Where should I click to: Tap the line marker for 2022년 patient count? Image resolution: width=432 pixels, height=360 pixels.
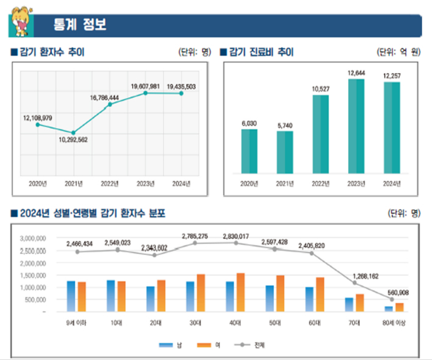110,105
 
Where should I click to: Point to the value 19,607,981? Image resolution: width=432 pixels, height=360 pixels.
145,86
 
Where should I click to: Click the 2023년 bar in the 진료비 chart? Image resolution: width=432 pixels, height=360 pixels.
356,128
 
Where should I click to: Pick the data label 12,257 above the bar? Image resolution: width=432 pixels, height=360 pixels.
392,76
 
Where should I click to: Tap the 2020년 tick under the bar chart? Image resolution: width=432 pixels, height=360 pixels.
249,183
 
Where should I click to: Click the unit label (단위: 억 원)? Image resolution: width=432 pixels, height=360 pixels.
399,52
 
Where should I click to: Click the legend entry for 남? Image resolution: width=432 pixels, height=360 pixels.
171,345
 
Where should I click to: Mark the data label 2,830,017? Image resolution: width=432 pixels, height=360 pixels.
235,236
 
